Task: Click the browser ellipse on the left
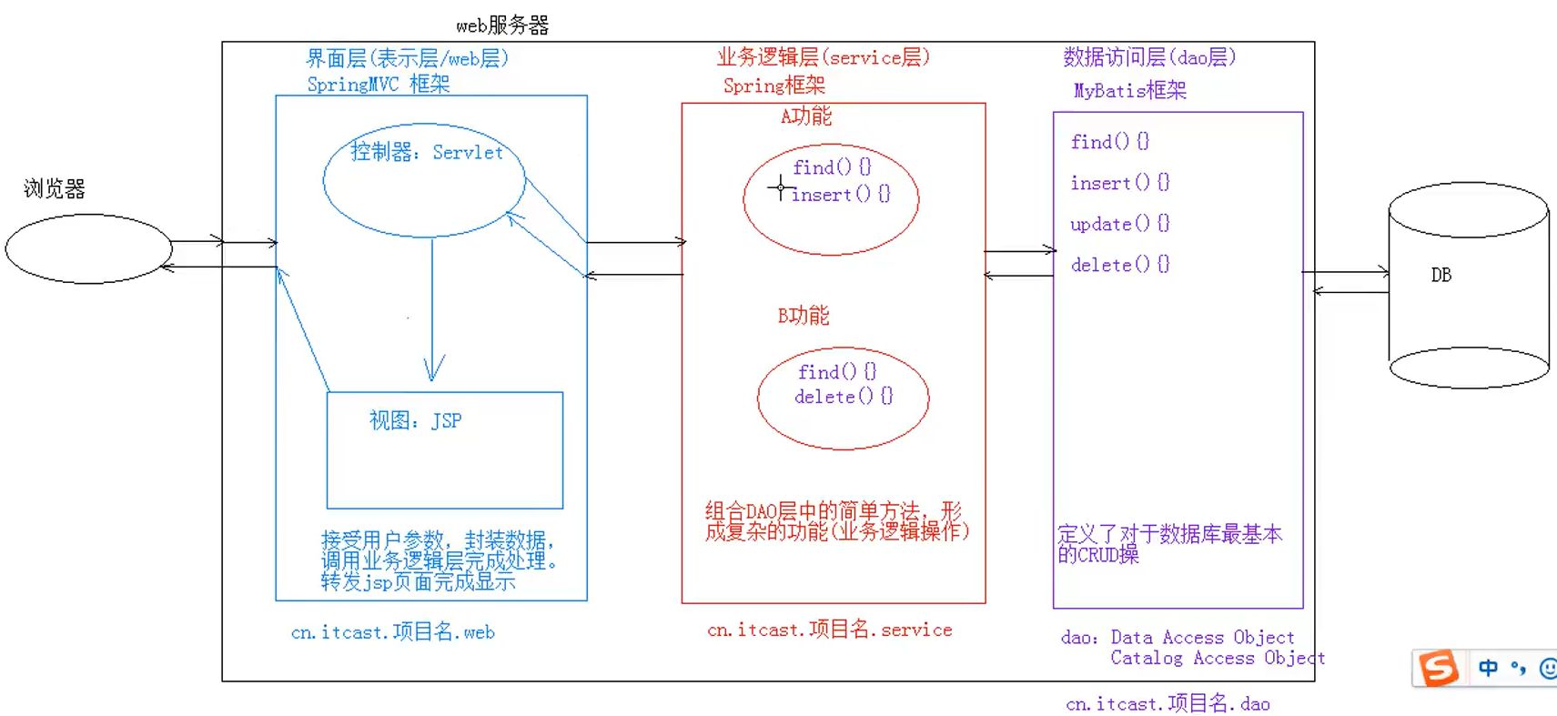tap(88, 248)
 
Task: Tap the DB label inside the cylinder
tap(1441, 275)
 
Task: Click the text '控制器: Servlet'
tap(427, 152)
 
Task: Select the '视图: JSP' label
tap(415, 420)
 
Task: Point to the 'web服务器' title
tap(502, 25)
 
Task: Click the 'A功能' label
tap(805, 116)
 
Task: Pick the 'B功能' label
tap(803, 316)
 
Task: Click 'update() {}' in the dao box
tap(1119, 224)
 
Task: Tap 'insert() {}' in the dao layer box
tap(1119, 183)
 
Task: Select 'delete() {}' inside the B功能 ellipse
tap(844, 397)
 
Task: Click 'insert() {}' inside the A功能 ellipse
tap(841, 194)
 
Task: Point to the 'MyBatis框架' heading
tap(1129, 91)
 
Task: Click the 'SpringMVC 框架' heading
tap(379, 85)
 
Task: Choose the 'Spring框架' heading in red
tap(773, 86)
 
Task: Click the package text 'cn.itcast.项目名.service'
tap(829, 630)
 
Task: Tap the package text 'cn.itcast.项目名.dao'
tap(1168, 703)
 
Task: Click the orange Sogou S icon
tap(1438, 669)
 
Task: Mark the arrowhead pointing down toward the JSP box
tap(433, 370)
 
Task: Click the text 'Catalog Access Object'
tap(1217, 658)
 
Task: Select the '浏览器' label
tap(55, 189)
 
